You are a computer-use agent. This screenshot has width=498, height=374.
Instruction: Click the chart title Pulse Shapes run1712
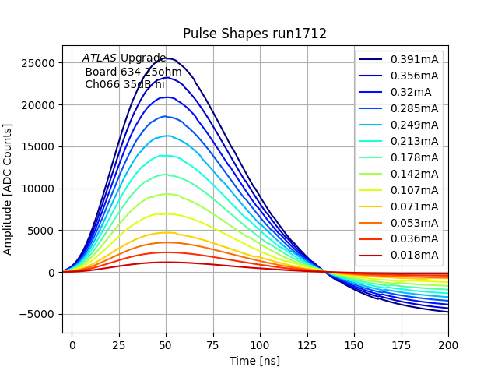click(x=254, y=34)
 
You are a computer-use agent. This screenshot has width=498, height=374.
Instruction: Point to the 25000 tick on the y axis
click(x=39, y=63)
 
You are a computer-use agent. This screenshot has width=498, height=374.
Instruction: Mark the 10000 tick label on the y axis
click(x=39, y=189)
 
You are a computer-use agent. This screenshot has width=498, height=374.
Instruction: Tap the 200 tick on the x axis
click(x=448, y=344)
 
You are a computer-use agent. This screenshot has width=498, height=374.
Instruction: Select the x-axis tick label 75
click(x=212, y=344)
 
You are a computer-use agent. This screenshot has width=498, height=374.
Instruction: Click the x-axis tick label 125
click(x=307, y=344)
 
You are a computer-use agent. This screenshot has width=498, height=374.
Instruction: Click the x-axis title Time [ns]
click(x=254, y=361)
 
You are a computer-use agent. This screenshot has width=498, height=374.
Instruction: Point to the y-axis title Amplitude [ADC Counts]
click(x=9, y=189)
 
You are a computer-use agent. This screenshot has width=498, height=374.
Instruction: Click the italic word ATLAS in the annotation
click(x=100, y=58)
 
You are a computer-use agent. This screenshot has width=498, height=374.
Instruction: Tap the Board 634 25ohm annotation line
click(x=133, y=72)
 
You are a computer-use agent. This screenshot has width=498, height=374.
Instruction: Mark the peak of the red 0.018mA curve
click(x=166, y=262)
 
